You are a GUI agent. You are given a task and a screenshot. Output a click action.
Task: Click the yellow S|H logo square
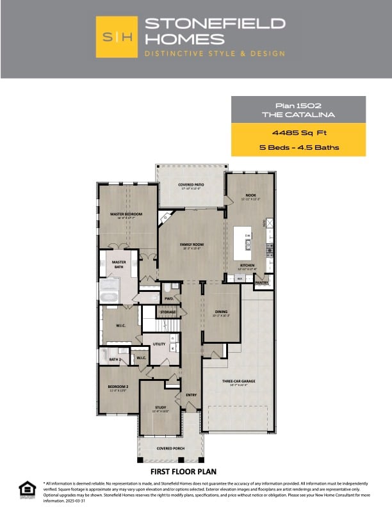tap(117, 37)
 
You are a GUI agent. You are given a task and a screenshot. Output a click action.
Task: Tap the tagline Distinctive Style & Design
tap(215, 54)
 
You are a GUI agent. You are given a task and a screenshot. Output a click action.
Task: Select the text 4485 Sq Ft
tap(298, 133)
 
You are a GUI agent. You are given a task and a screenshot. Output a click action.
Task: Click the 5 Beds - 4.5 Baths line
tap(298, 148)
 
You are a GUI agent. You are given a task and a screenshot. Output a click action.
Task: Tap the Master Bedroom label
tap(126, 214)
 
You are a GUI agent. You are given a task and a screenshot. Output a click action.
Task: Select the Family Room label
tap(191, 245)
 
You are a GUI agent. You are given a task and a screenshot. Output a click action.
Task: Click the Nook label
tap(251, 195)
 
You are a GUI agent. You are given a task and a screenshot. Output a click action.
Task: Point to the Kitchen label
tap(248, 264)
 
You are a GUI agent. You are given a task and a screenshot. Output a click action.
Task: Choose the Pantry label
tap(261, 282)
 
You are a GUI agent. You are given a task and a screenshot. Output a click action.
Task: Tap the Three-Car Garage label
tap(239, 381)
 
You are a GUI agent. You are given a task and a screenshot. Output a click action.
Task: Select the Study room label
tap(160, 407)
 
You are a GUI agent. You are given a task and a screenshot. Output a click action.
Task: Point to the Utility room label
tap(159, 344)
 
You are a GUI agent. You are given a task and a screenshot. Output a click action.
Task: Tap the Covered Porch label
tap(170, 449)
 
